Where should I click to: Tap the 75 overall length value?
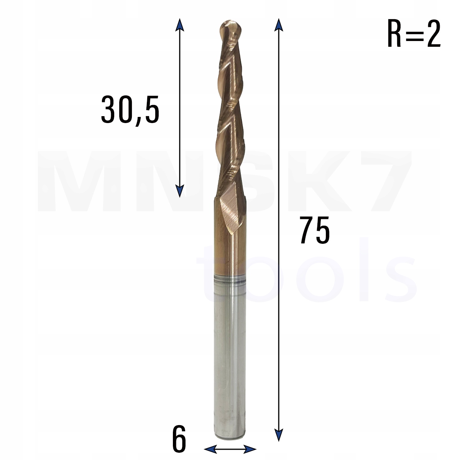(314, 230)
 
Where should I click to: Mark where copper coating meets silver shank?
(229, 273)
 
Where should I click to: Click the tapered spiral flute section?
(230, 115)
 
